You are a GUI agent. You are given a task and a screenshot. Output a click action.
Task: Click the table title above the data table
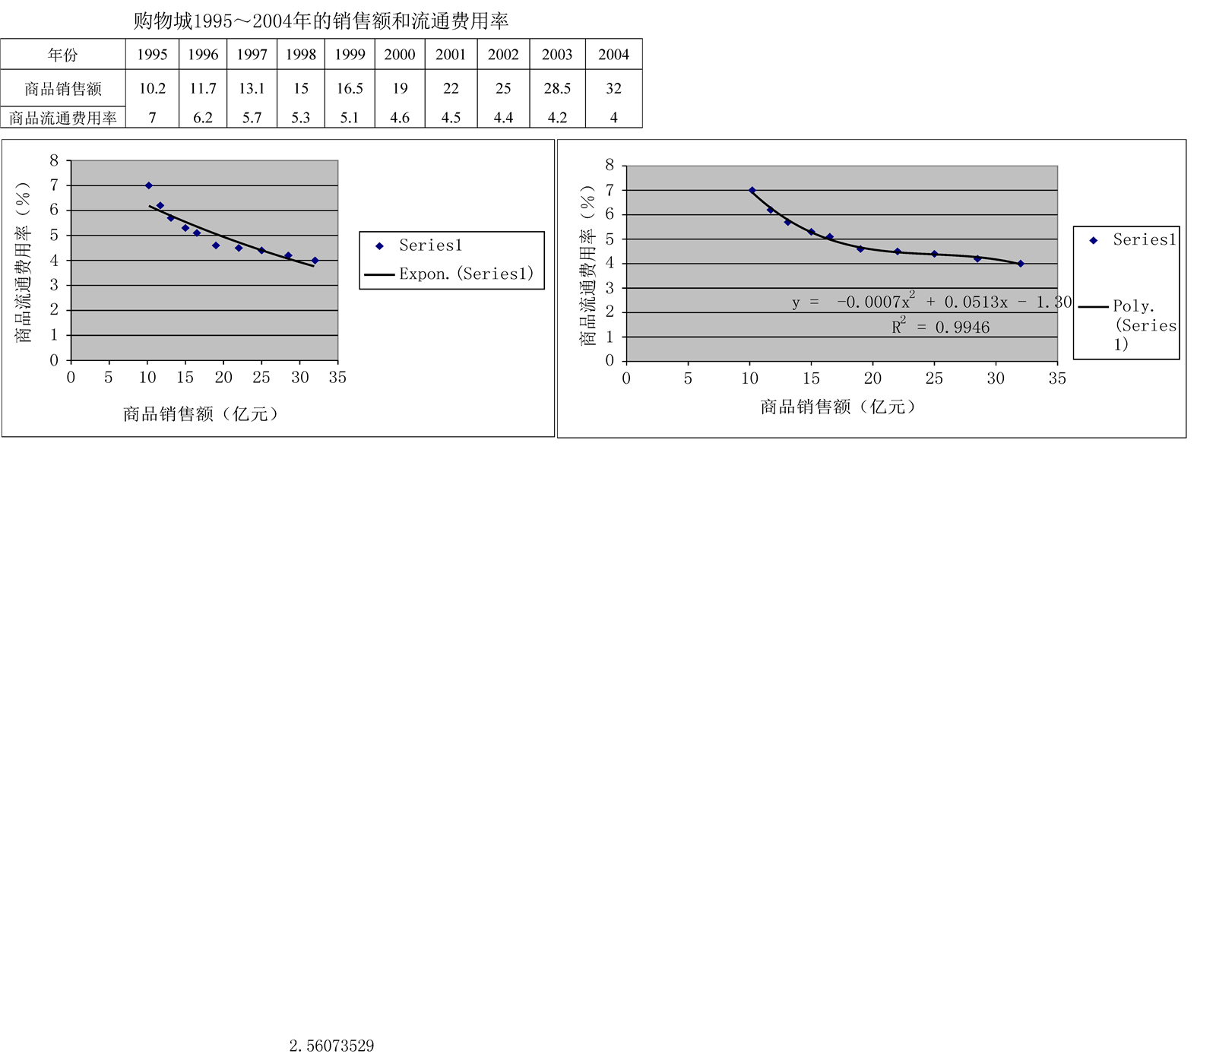click(x=321, y=21)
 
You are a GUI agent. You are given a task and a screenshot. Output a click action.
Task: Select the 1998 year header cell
click(x=301, y=55)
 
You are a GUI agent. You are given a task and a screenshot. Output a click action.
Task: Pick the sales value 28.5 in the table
click(x=557, y=89)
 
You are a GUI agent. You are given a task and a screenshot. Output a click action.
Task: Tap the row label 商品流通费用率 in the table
click(x=63, y=118)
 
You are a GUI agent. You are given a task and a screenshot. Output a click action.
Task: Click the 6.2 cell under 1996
click(x=203, y=118)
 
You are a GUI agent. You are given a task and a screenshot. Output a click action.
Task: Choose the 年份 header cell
click(x=63, y=55)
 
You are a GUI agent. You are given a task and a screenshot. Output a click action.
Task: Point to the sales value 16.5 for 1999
click(x=350, y=89)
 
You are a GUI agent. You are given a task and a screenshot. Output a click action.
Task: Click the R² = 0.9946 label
click(x=941, y=328)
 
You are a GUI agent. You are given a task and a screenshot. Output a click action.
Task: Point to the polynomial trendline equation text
click(x=931, y=302)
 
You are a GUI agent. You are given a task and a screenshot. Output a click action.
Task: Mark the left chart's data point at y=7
click(x=149, y=185)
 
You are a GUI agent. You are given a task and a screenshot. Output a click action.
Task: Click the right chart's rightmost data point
click(x=1021, y=264)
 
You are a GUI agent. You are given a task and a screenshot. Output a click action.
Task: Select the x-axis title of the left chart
click(x=201, y=414)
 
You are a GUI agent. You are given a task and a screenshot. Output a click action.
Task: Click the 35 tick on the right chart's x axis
click(x=1056, y=378)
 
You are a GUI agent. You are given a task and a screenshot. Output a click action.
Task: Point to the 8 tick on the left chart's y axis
click(x=54, y=160)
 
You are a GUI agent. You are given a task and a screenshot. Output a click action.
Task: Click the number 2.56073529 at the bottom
click(x=331, y=1046)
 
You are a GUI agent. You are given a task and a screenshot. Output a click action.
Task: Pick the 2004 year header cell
click(x=613, y=55)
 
